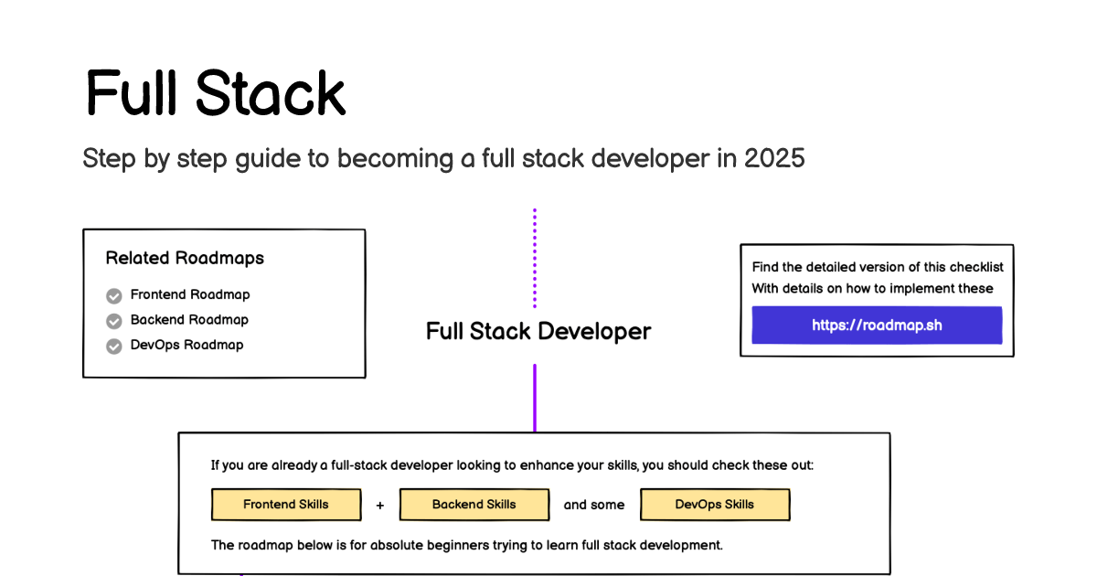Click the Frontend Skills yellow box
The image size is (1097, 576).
286,505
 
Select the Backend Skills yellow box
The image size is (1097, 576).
474,505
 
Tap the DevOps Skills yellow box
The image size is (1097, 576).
715,505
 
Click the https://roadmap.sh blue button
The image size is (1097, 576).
877,325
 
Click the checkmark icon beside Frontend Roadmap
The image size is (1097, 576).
114,296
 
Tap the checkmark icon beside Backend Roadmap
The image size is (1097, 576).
114,321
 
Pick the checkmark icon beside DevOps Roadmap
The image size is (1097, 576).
114,347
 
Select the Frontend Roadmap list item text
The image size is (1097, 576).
190,294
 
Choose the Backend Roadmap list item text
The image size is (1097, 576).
189,320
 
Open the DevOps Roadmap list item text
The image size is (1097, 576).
186,345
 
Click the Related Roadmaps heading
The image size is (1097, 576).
185,258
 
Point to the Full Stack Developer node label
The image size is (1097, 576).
538,332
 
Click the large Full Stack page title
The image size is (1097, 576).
216,93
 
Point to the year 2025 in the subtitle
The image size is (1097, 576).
774,158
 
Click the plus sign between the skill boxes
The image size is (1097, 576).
380,506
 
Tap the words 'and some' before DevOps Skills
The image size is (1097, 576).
594,505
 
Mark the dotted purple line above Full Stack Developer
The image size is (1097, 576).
535,258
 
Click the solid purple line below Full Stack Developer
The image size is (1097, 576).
535,399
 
